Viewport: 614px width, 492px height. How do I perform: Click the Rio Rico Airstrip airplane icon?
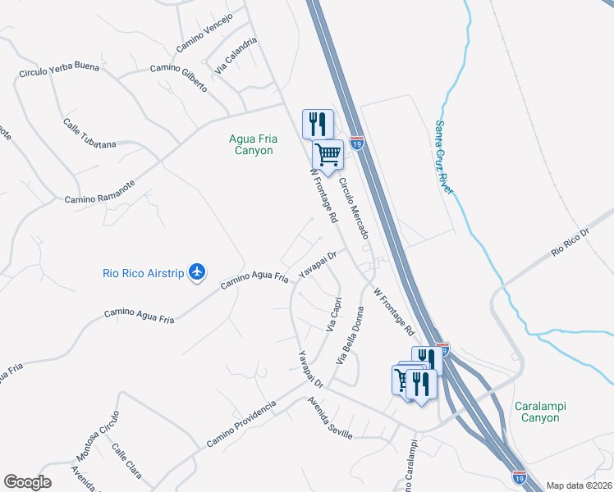pos(197,272)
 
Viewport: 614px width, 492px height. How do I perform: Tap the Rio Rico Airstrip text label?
pos(143,273)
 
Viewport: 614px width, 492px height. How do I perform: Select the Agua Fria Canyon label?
pos(252,145)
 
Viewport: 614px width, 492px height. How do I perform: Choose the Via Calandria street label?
pos(231,58)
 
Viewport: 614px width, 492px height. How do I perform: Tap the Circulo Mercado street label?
pos(353,209)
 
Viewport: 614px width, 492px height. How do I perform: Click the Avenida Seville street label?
pos(330,418)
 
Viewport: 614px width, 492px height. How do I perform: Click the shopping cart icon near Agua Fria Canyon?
pos(328,153)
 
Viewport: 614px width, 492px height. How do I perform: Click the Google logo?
pos(27,482)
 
